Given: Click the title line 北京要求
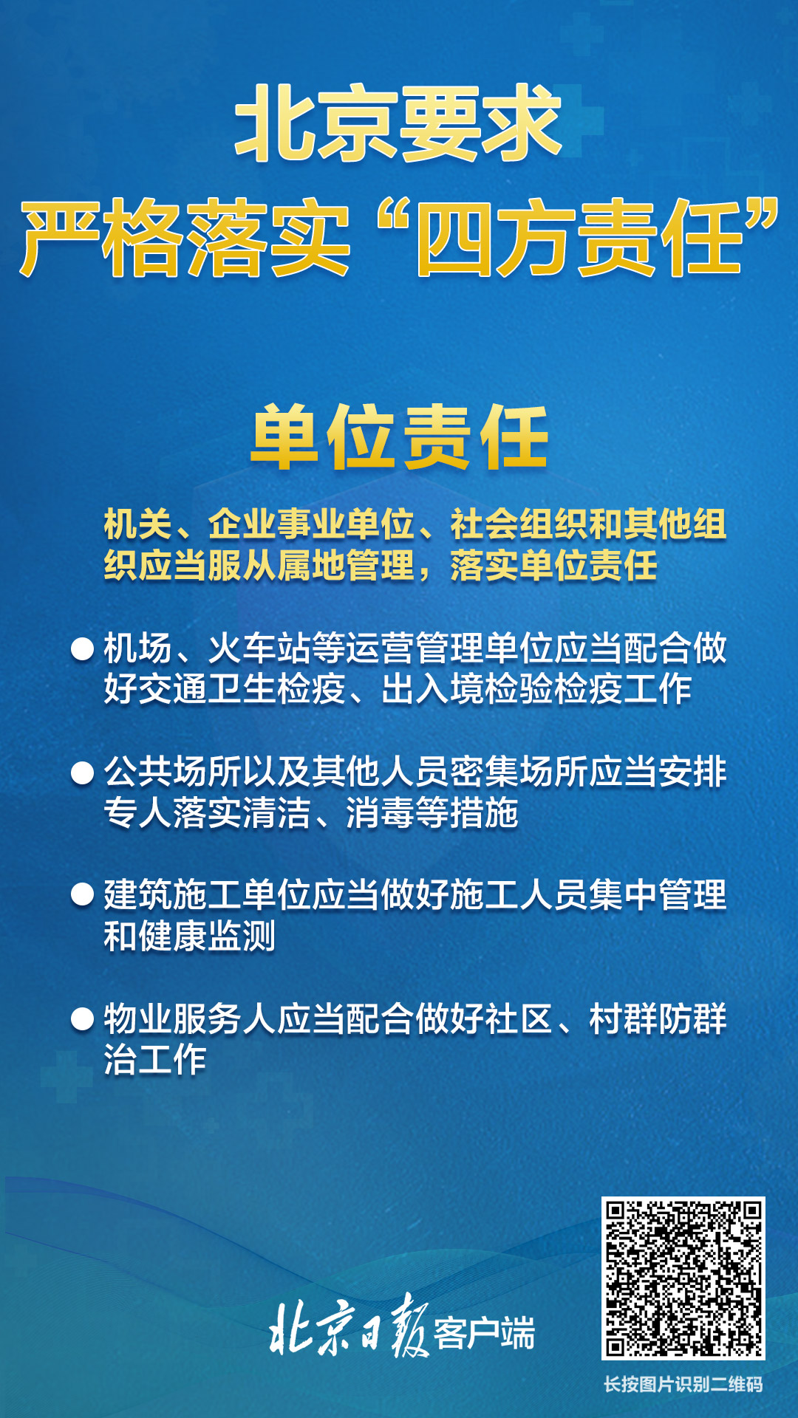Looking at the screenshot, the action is [398, 123].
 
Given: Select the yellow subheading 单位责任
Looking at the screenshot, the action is [400, 437].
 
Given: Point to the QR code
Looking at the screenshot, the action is [683, 1278].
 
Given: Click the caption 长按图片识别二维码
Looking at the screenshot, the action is [683, 1384].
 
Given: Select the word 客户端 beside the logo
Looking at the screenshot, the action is [484, 1333].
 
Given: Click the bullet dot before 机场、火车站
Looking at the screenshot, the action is [82, 649].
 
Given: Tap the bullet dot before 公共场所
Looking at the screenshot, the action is [82, 773].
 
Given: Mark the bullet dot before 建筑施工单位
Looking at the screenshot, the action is [82, 895].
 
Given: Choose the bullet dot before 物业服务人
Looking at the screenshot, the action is [82, 1019].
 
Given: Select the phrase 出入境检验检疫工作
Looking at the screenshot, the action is [536, 689].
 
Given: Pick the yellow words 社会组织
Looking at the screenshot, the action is [519, 524].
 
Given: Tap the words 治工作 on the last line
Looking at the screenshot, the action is [155, 1060].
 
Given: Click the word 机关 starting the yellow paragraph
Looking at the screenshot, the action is [137, 524].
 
